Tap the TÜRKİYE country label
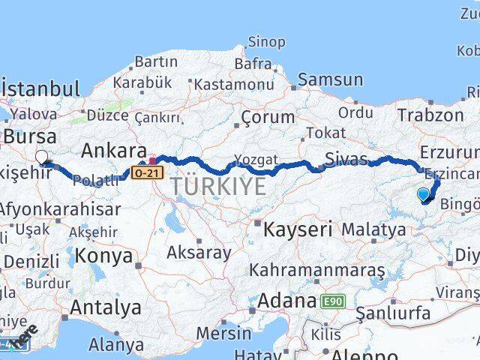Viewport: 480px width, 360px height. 218,186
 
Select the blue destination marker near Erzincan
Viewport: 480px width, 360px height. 423,195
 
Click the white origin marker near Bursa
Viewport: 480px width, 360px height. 42,157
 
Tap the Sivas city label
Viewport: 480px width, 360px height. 346,158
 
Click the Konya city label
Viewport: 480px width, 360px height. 103,256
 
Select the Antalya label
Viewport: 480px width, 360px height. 105,307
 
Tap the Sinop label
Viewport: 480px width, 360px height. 266,42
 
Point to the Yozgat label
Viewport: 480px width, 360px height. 256,160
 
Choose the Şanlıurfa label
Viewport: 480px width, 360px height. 394,311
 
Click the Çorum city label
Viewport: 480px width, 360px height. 268,117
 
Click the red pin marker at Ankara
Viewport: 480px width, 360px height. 153,160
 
